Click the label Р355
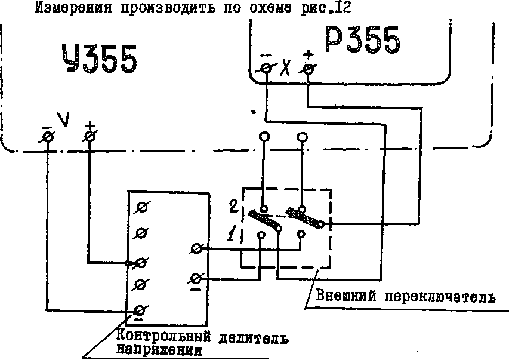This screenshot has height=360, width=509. (363, 42)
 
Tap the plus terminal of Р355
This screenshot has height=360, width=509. (308, 69)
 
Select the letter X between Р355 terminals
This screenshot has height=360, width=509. (287, 68)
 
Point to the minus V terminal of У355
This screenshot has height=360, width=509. (48, 137)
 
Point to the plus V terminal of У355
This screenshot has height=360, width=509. (89, 137)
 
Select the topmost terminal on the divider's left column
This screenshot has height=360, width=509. (141, 207)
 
